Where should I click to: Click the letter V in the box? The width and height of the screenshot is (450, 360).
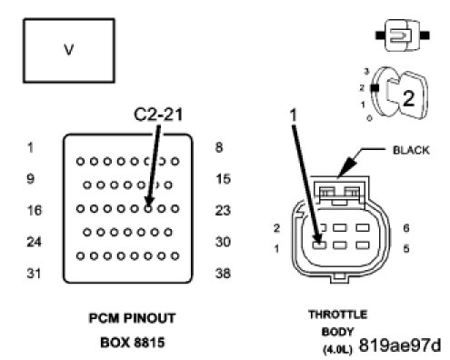click(69, 50)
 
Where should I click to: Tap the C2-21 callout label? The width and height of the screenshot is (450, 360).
click(158, 115)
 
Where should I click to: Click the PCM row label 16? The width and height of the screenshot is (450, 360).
click(35, 210)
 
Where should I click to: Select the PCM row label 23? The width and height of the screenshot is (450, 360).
click(223, 210)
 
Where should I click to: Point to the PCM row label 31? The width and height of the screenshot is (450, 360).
click(34, 273)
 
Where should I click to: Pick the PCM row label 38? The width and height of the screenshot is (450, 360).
click(223, 273)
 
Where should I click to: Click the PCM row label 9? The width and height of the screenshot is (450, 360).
click(31, 178)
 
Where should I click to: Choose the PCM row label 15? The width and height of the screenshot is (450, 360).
click(224, 178)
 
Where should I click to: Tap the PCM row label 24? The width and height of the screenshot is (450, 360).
click(34, 242)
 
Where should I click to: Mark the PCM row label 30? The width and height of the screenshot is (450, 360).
click(223, 242)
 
